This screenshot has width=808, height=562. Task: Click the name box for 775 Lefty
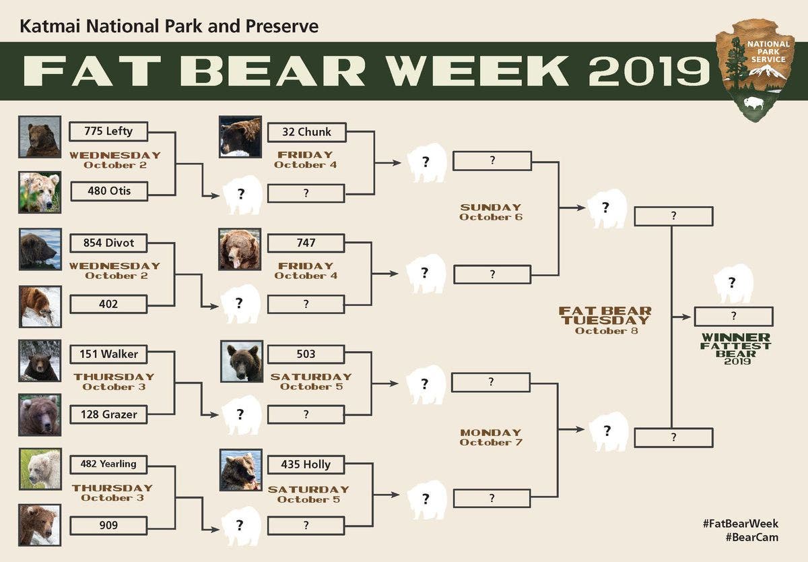point(108,131)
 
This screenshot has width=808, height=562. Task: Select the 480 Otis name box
point(108,191)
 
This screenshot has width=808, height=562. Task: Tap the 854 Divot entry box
point(108,243)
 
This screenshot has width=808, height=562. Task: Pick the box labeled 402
point(108,304)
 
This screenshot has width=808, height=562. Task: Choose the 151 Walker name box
point(108,354)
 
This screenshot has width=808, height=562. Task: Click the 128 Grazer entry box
point(108,414)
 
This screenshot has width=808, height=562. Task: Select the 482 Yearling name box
point(108,464)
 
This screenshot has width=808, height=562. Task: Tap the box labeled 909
point(108,525)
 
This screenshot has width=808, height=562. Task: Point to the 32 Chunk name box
point(306,132)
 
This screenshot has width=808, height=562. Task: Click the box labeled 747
point(306,243)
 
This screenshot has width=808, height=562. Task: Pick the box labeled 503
point(306,354)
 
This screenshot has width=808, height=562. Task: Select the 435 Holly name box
point(306,464)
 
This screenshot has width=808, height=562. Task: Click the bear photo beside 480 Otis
point(40,192)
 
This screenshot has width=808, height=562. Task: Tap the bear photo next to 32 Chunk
point(240,137)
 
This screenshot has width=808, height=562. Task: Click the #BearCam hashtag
point(751,537)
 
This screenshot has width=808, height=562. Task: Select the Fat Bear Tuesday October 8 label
point(605,320)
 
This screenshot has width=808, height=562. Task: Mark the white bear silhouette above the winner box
point(733,284)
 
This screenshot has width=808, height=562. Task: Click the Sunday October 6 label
point(491,212)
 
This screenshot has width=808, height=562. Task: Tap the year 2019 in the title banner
point(649,71)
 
